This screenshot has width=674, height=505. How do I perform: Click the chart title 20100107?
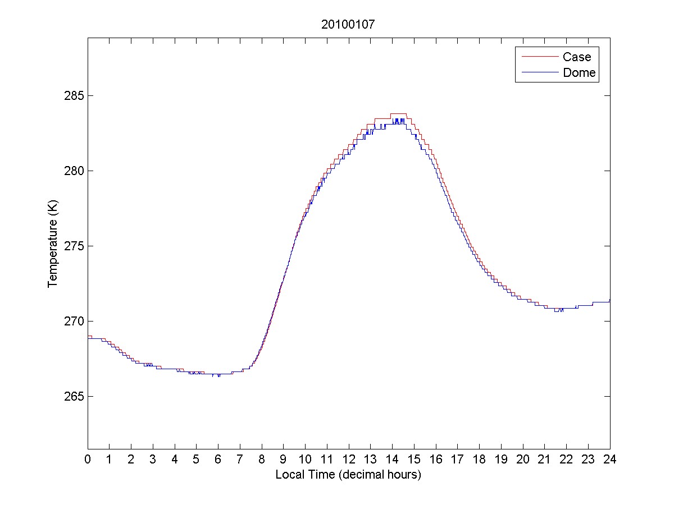(x=348, y=24)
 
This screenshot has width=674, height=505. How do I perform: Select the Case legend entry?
(x=577, y=57)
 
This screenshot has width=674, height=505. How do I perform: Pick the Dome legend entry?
(x=579, y=72)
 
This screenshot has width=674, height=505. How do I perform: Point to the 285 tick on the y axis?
(x=75, y=95)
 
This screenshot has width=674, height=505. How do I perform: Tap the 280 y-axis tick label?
(x=75, y=171)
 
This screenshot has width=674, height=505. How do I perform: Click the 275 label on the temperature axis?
(x=75, y=246)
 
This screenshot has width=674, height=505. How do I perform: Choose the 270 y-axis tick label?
(x=75, y=321)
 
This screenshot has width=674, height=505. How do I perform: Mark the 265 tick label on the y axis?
(x=75, y=396)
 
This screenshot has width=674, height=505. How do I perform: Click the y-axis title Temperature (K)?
(x=53, y=246)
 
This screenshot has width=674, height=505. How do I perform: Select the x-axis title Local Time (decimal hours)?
(x=348, y=475)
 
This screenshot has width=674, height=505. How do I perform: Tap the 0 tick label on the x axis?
(x=88, y=459)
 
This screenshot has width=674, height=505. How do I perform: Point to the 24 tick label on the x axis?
(x=610, y=459)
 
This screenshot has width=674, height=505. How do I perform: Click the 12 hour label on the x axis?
(x=349, y=459)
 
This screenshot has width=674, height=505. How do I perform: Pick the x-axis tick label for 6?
(x=218, y=459)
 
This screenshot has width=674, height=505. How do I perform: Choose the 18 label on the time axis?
(x=479, y=459)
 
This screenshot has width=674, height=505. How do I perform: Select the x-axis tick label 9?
(x=284, y=459)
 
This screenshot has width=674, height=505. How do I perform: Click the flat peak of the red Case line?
(x=398, y=114)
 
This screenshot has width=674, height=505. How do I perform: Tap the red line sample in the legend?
(x=539, y=57)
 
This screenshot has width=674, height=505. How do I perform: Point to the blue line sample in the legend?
(x=539, y=72)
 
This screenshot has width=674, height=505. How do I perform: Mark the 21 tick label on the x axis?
(x=545, y=459)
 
